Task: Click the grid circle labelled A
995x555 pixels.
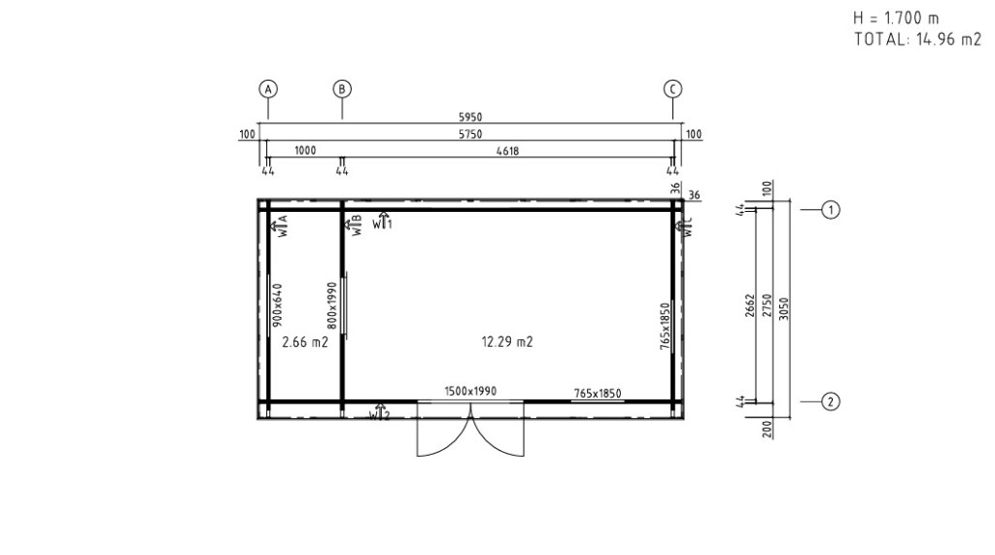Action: pos(268,89)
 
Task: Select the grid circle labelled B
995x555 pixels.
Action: pos(342,89)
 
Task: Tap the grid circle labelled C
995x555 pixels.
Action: pos(672,89)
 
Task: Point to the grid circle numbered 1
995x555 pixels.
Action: pos(831,210)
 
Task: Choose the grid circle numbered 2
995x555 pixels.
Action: pos(831,401)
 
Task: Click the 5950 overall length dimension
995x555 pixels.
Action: pos(470,118)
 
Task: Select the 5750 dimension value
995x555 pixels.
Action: pos(470,135)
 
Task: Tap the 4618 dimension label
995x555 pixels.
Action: pos(507,151)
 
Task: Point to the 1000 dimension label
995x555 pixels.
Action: pos(305,151)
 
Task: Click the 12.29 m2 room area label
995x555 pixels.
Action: pos(507,342)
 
